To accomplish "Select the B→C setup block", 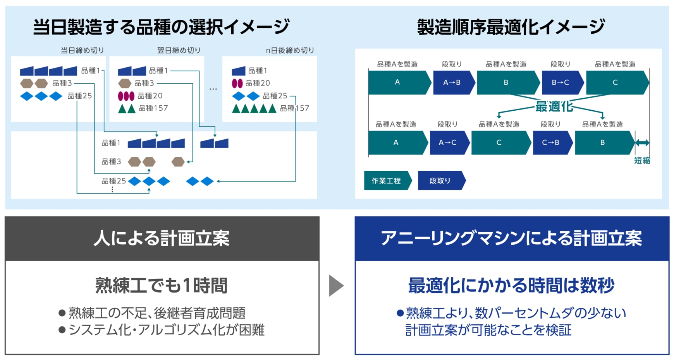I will pos(561,82).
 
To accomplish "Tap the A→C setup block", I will pos(448,142).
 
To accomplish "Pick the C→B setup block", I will pos(551,142).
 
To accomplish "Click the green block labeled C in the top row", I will pos(616,82).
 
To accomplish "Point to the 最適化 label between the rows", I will pos(554,106).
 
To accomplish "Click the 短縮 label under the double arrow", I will pos(642,160).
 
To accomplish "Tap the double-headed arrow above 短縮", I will pos(642,143).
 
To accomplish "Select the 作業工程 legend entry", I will pos(387,181).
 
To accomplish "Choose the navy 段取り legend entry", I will pos(440,181).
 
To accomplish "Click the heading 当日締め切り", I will pos(82,50).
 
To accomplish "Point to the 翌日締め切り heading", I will pos(179,50).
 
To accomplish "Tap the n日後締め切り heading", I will pos(290,50).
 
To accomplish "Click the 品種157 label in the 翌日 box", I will pos(153,108).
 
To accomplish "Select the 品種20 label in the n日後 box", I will pos(258,83).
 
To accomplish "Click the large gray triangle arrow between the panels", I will pos(336,286).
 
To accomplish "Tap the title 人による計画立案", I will pos(162,238).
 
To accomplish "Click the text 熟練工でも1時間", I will pos(162,286).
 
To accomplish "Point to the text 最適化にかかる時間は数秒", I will pos(511,286).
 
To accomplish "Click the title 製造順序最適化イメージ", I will pos(511,27).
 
